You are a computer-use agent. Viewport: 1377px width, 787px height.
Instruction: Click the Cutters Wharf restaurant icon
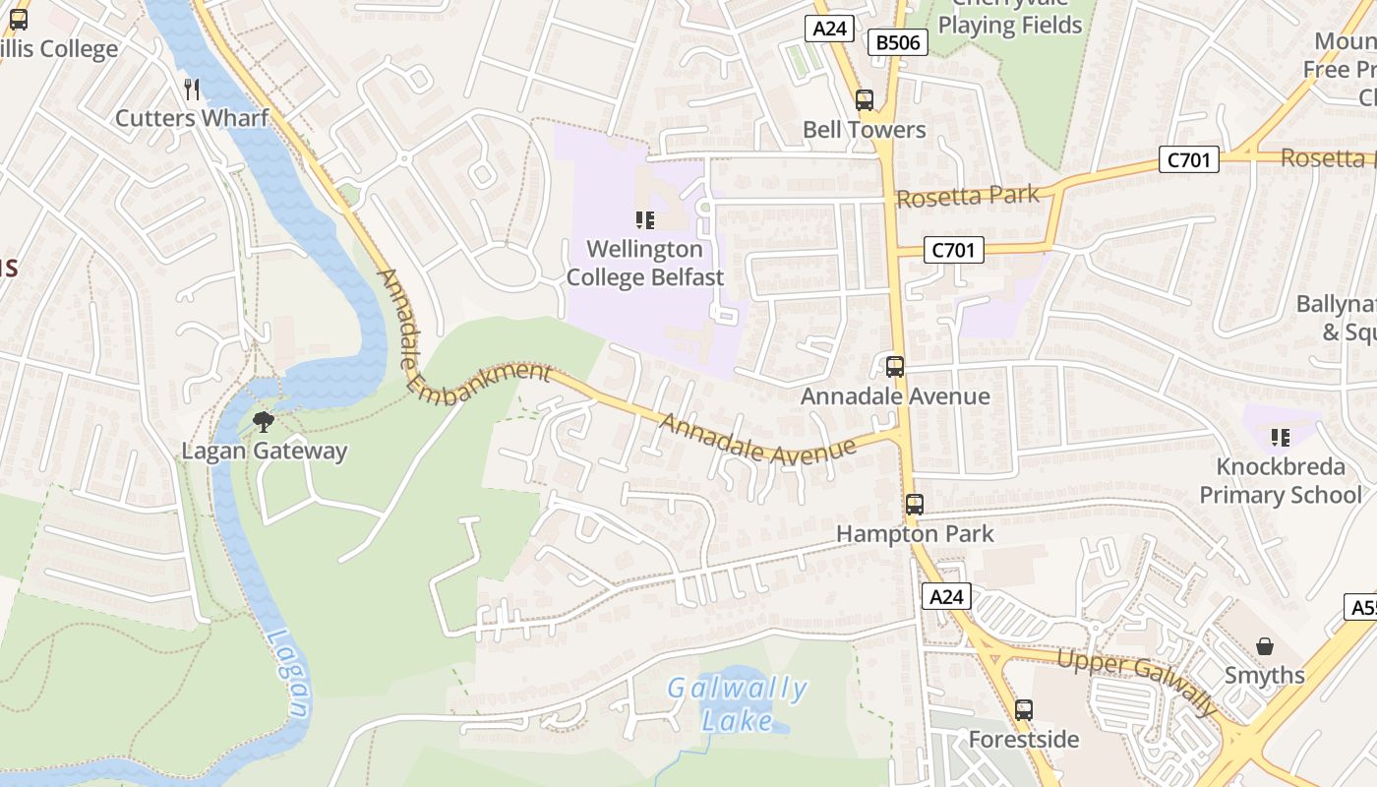coord(192,90)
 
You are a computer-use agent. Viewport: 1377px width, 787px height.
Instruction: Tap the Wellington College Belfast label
coord(645,264)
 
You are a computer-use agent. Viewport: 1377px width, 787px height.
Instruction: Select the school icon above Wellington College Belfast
coord(645,219)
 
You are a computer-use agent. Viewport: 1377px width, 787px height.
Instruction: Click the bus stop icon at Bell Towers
coord(865,100)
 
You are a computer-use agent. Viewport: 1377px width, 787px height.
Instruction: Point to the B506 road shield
coord(898,42)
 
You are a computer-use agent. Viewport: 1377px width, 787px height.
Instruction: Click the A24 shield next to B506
coord(830,29)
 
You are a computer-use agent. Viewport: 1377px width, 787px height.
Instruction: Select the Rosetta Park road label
coord(968,197)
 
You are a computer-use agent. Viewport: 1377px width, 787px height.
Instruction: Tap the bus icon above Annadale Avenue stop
coord(895,367)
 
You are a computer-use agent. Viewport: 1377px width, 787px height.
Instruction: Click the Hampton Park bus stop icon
coord(915,505)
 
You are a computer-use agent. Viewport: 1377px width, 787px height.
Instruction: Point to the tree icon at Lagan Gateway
coord(263,422)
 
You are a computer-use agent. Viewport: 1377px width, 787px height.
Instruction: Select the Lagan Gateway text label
coord(265,452)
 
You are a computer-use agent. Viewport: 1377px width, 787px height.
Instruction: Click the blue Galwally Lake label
coord(738,704)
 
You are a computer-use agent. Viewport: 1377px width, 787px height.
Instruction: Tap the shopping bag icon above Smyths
coord(1265,646)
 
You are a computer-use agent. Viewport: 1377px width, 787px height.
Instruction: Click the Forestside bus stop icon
coord(1024,709)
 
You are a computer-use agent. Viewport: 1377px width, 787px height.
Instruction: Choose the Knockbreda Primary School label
coord(1280,480)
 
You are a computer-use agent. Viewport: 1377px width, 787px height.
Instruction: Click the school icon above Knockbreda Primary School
coord(1280,437)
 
